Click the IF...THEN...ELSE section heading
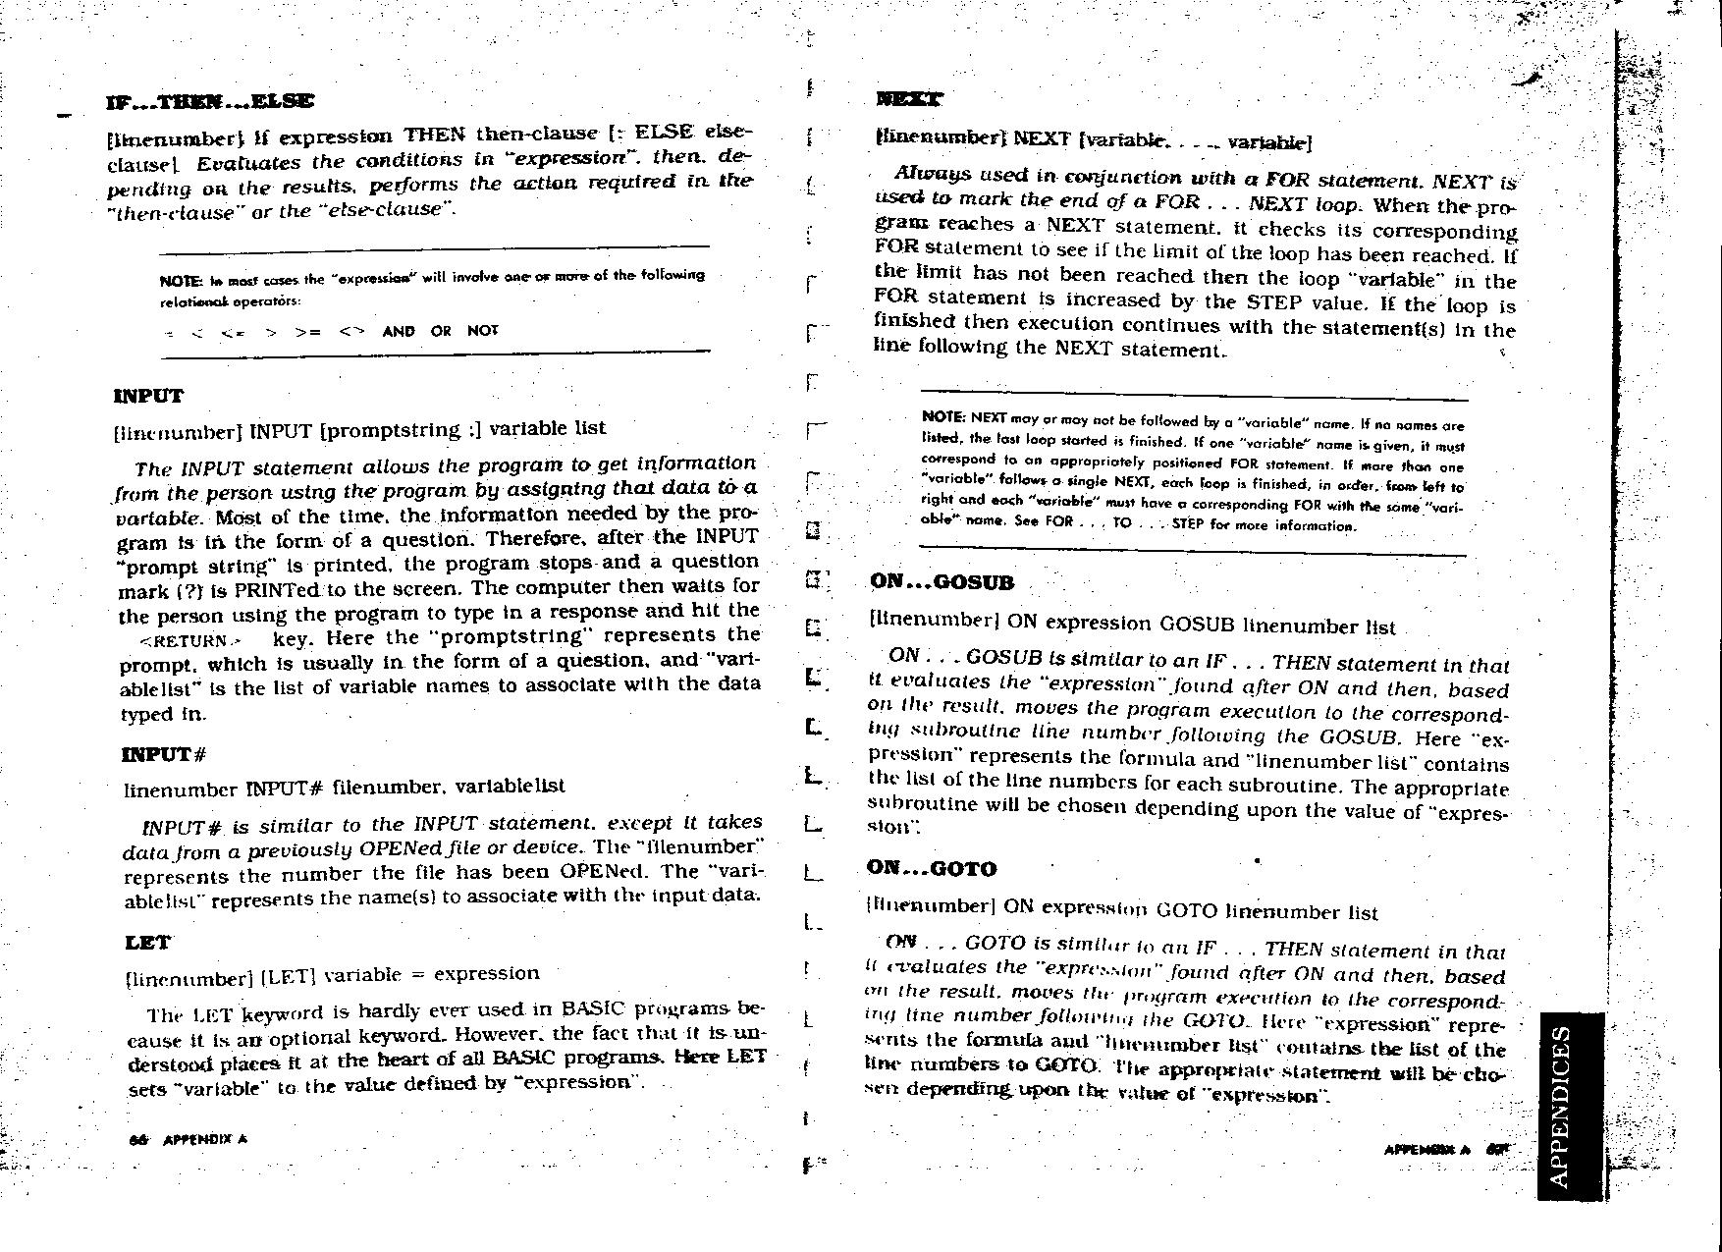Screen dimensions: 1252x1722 coord(210,101)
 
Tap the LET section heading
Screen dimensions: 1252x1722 coord(148,943)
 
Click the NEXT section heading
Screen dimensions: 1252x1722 coord(909,99)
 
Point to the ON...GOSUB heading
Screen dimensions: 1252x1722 coord(942,582)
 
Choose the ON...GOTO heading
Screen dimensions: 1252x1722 coord(931,869)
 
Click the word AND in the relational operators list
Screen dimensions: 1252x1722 coord(399,331)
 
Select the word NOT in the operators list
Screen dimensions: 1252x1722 coord(483,331)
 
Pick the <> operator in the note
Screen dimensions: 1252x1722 coord(351,331)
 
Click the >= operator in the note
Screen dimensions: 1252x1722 coord(307,332)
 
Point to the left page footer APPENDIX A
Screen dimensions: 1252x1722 coord(204,1140)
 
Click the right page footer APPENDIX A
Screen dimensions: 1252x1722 coord(1426,1149)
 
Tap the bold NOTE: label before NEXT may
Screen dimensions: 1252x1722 coord(944,417)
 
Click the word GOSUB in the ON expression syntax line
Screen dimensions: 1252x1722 coord(1198,625)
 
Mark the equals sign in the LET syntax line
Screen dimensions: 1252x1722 coord(417,974)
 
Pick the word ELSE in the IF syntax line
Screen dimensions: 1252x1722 coord(664,133)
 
